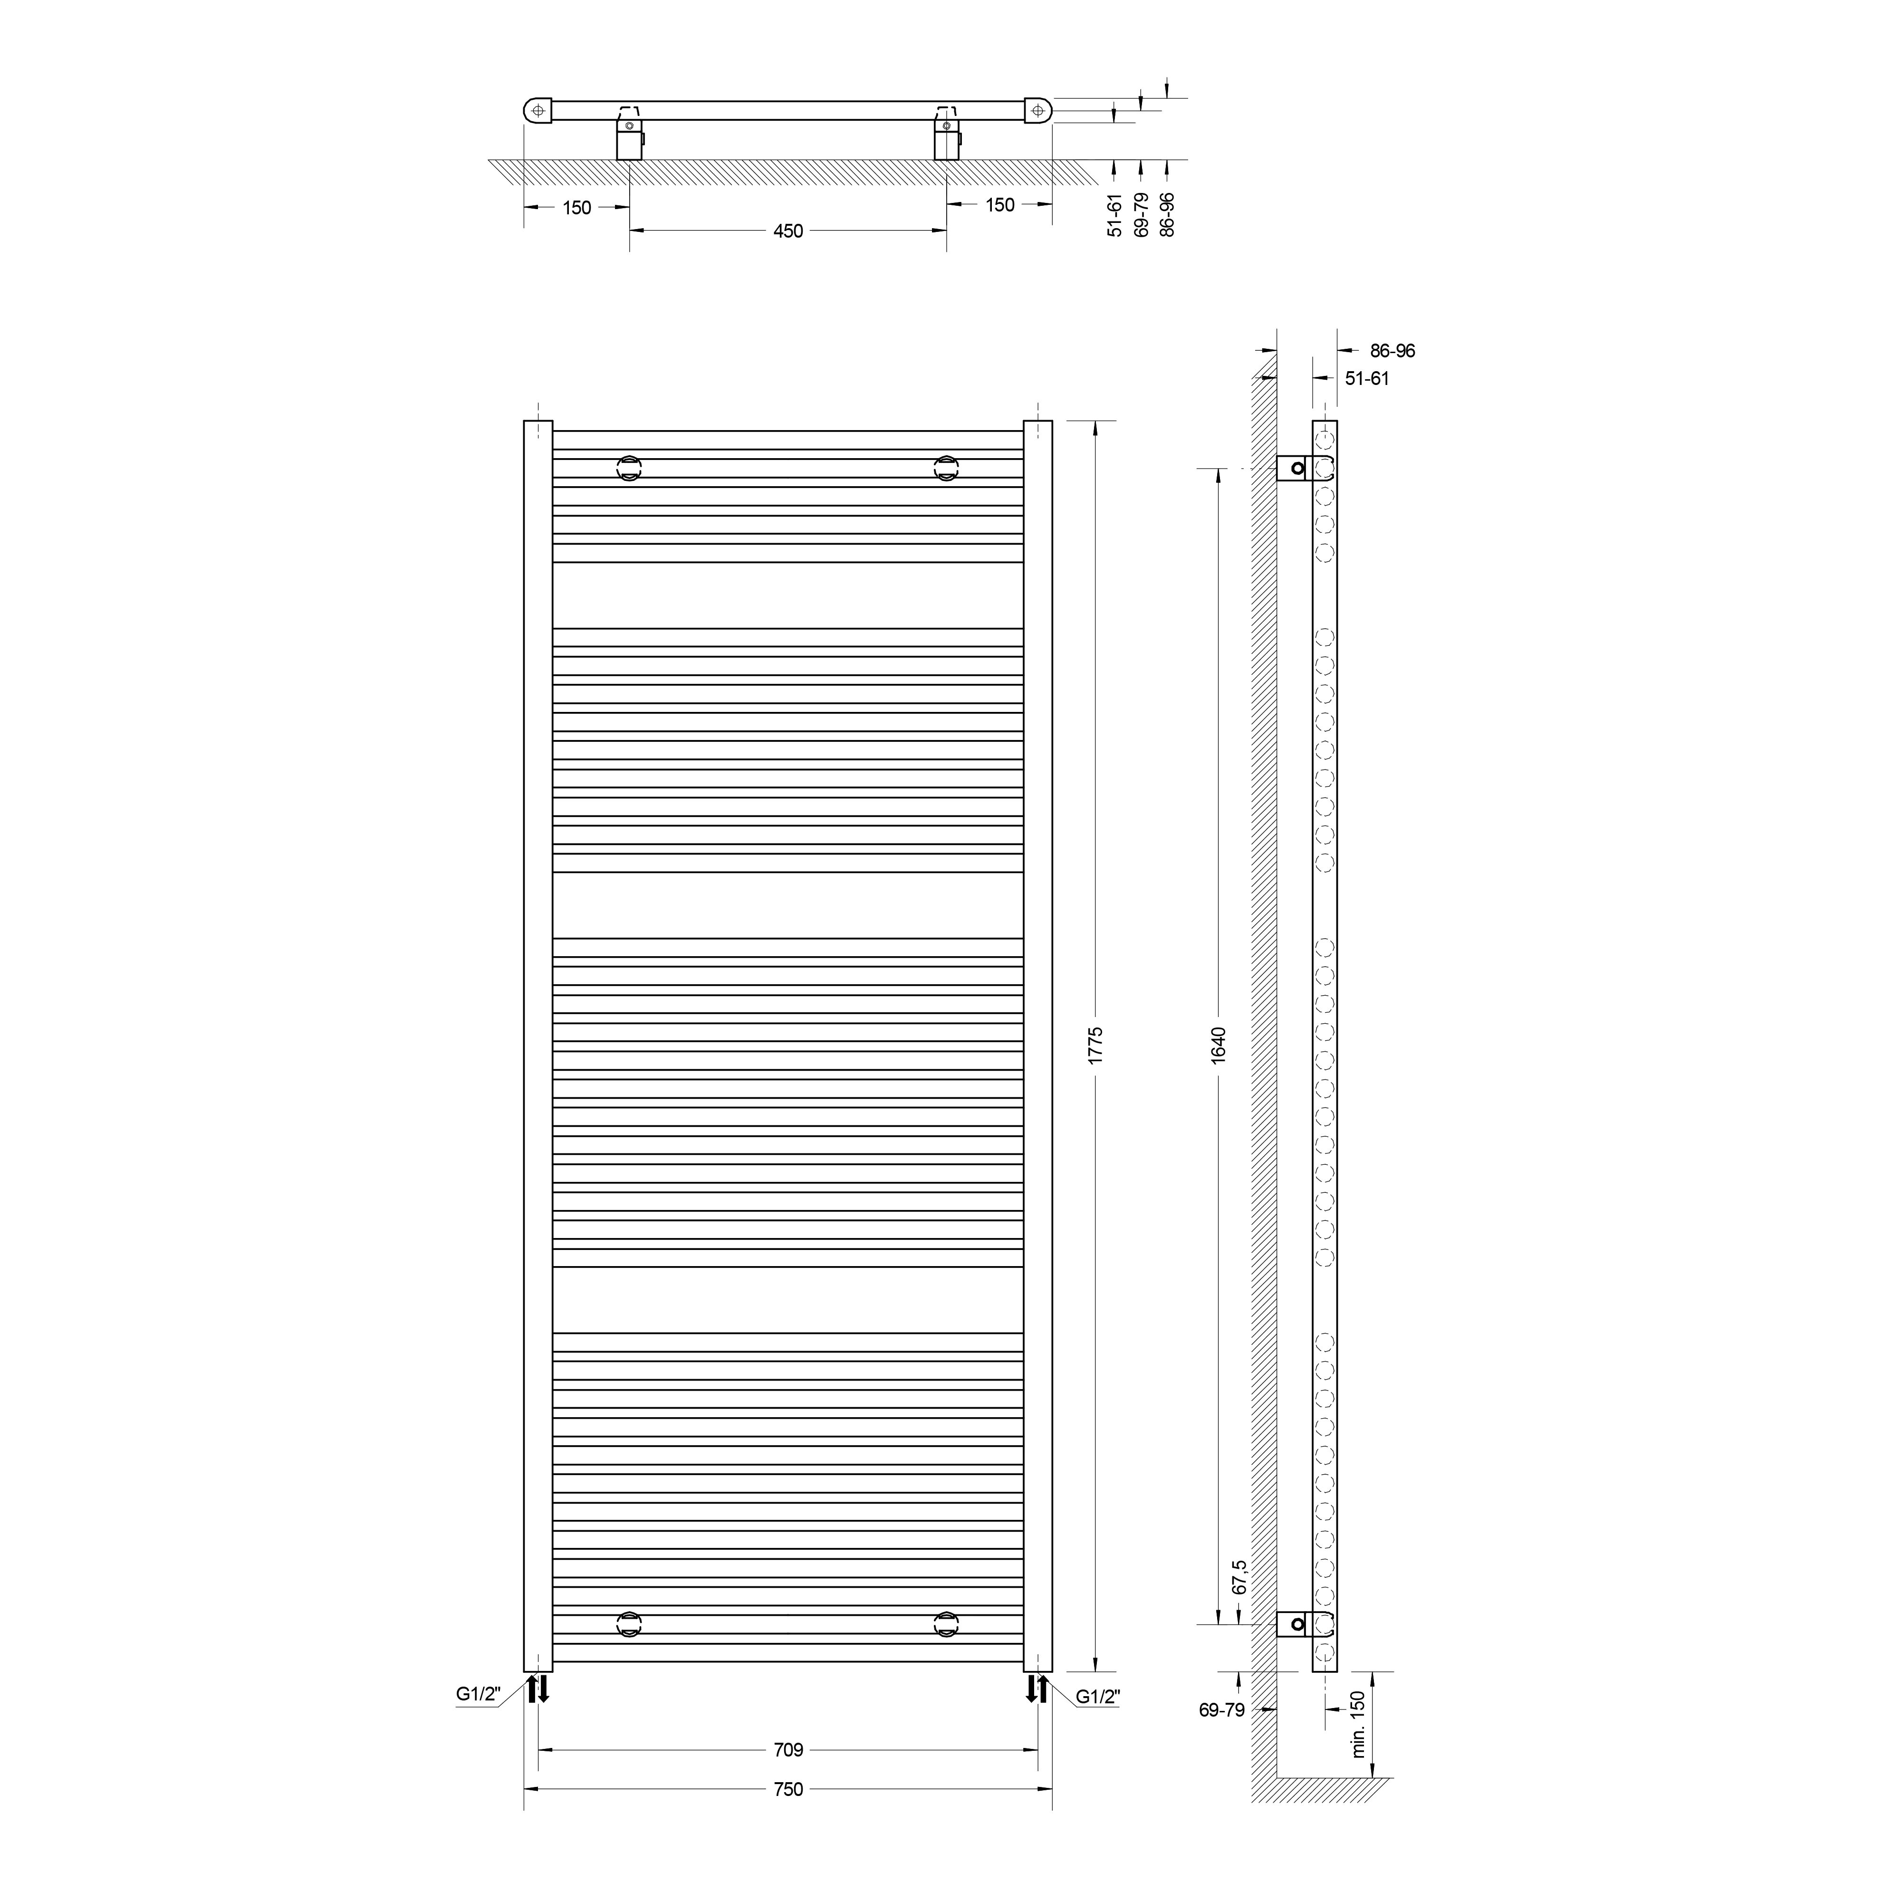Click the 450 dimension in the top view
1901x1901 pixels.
pos(788,231)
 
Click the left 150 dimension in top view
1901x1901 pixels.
pos(576,208)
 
